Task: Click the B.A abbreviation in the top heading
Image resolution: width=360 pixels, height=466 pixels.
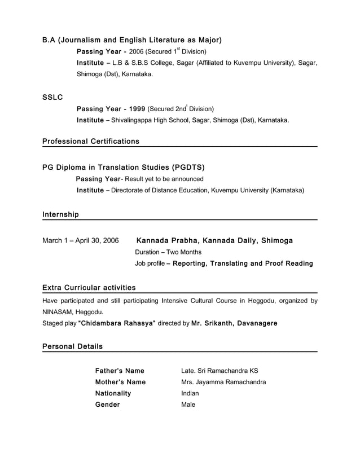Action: coord(49,41)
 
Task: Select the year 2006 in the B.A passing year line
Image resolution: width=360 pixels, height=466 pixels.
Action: coord(137,52)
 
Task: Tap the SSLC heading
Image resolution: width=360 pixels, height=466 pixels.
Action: coord(52,98)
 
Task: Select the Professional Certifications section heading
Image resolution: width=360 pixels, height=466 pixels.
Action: coord(90,142)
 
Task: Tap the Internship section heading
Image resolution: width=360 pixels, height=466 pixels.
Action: coord(60,214)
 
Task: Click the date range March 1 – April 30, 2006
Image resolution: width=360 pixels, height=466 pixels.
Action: coord(81,241)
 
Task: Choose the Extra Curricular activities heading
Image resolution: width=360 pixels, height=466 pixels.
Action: coord(89,288)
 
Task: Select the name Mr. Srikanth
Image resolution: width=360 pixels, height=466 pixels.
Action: coord(212,323)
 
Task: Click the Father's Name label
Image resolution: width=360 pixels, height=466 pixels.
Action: coord(120,371)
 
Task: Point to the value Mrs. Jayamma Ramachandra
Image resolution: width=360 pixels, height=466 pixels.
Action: coord(223,382)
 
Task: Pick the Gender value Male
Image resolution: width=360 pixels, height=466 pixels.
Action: coord(188,405)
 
